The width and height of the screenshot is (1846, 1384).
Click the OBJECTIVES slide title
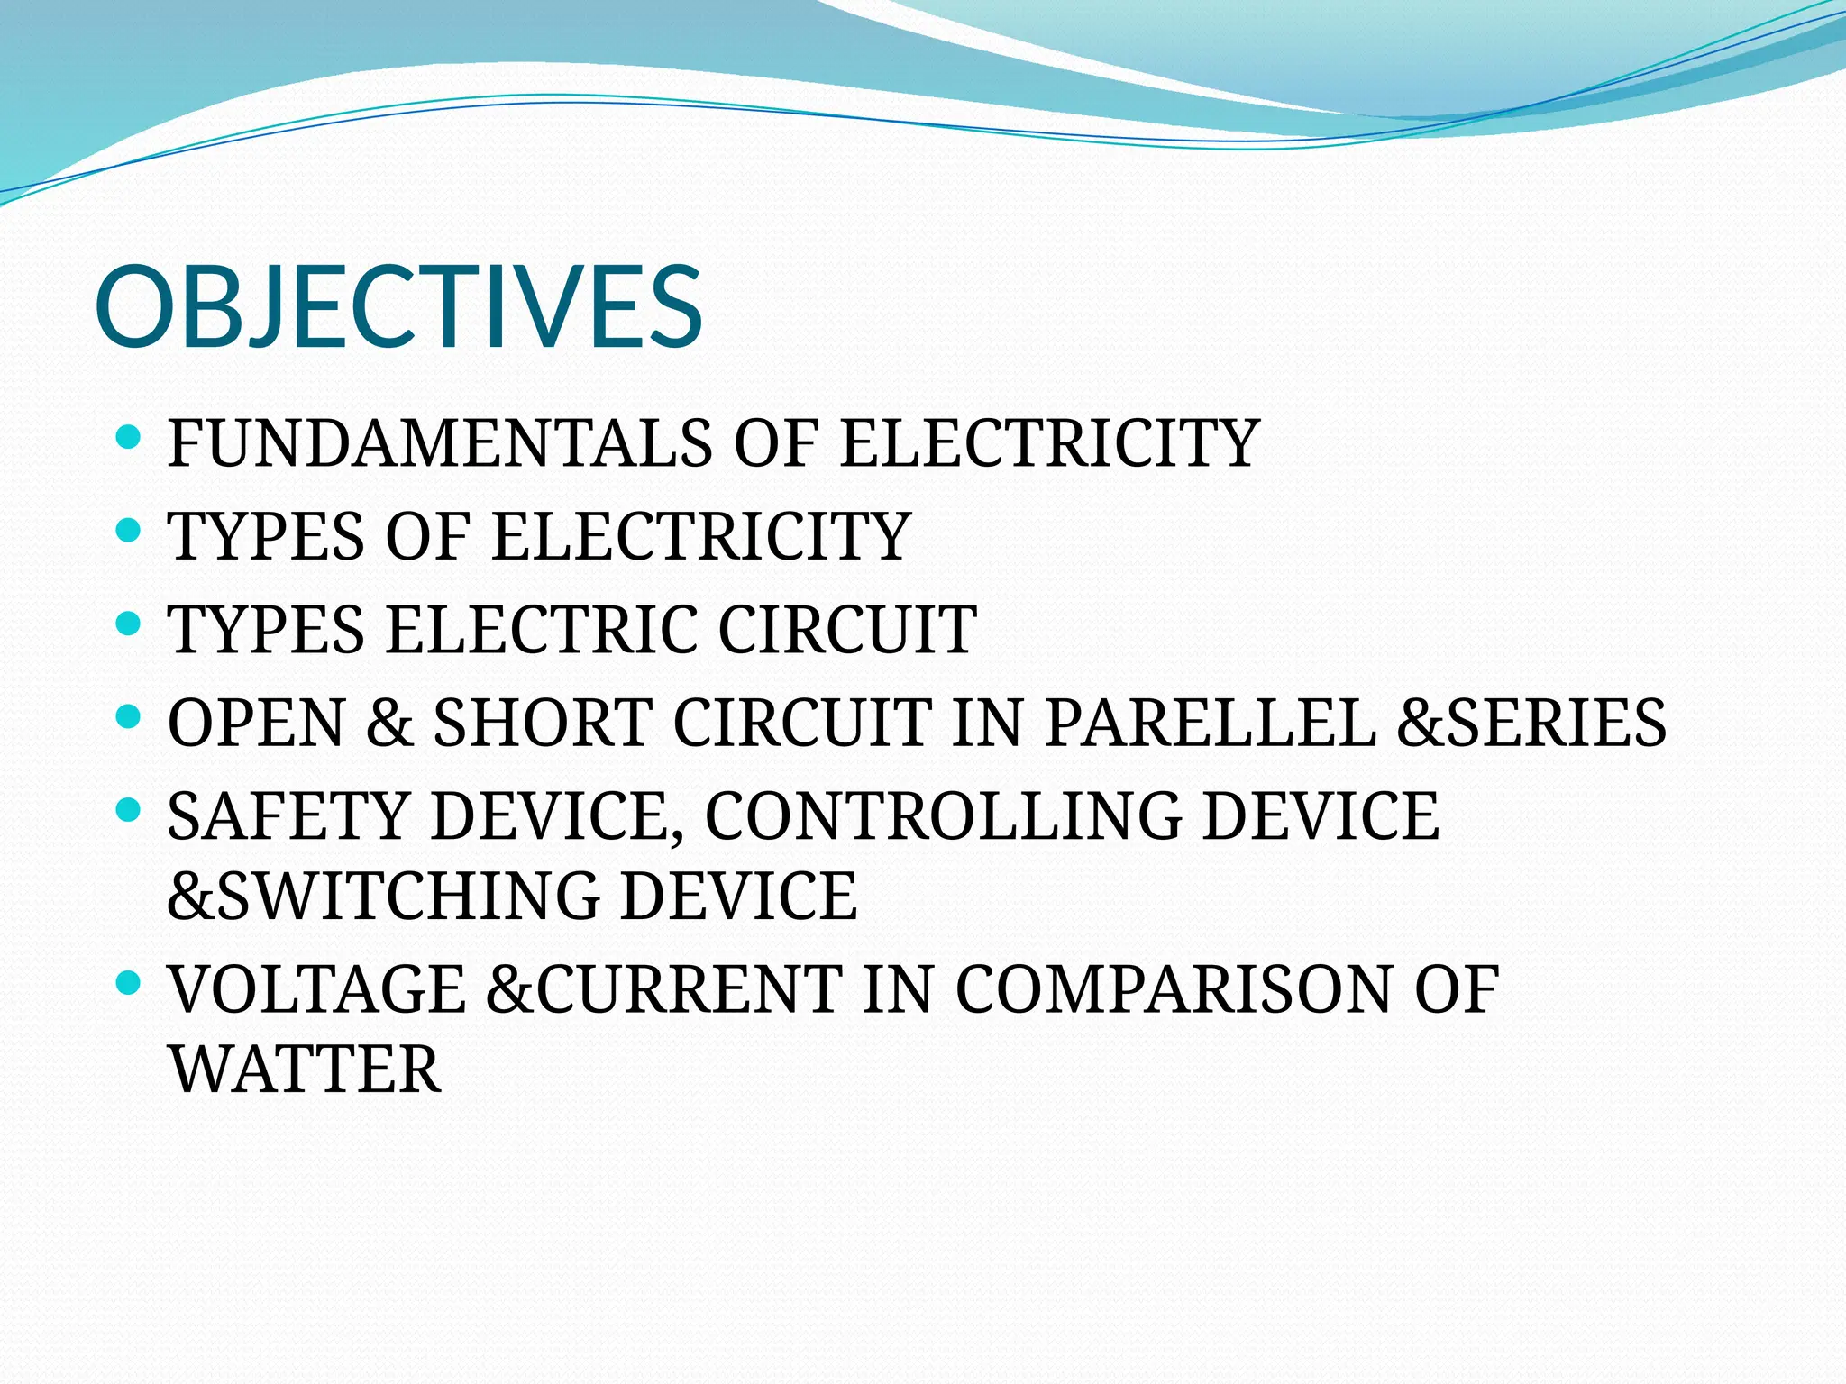click(398, 306)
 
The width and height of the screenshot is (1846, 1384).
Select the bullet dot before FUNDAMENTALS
click(129, 438)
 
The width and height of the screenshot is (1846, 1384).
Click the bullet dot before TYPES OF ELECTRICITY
click(129, 530)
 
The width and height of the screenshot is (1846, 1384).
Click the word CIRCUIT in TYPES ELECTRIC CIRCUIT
click(847, 629)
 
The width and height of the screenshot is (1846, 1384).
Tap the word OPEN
click(256, 723)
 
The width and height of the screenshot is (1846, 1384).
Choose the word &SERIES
click(1531, 723)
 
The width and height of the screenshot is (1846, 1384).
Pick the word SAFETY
click(288, 816)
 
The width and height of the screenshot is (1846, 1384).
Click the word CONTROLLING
click(943, 816)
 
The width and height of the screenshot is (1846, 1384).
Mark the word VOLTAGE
click(317, 989)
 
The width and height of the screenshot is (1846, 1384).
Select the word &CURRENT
click(663, 989)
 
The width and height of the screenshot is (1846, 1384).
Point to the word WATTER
click(305, 1070)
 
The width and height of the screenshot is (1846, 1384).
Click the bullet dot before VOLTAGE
click(129, 983)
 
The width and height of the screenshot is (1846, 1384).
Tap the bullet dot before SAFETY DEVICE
click(129, 810)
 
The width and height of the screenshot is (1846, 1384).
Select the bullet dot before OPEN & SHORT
click(129, 717)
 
